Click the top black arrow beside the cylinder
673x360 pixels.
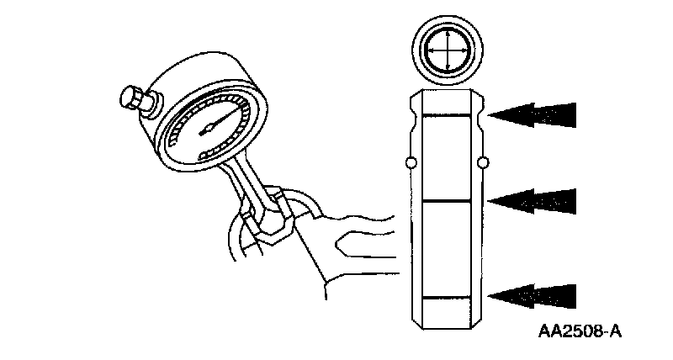coord(533,114)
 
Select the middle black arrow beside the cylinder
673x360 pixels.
coord(533,199)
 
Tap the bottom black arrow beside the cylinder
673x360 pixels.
coord(533,295)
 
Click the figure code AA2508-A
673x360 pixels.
coord(580,331)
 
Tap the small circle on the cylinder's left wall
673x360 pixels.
coord(410,161)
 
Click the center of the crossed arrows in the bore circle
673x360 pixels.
coord(447,50)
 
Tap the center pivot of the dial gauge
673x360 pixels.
coord(207,130)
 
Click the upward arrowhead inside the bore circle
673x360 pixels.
coord(447,34)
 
